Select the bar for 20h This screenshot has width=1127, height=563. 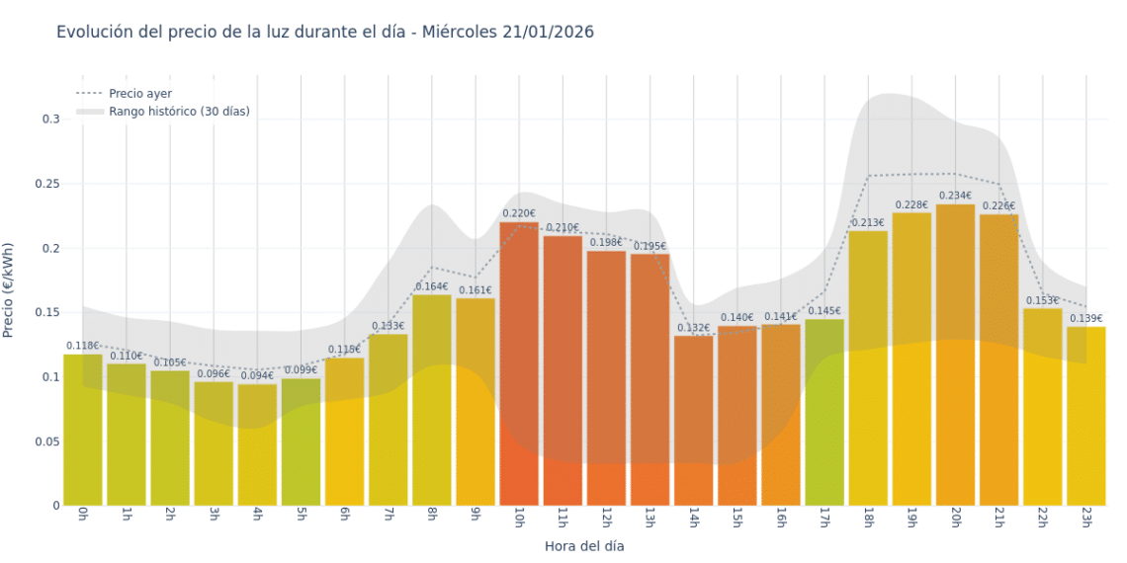click(x=955, y=356)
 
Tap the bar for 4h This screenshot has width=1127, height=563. click(x=257, y=444)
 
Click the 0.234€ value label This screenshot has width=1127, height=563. click(x=955, y=196)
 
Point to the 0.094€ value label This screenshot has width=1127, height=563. click(x=257, y=375)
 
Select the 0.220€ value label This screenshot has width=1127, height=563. click(x=519, y=213)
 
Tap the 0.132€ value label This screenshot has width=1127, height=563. click(x=693, y=328)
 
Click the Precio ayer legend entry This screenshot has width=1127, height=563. click(x=140, y=94)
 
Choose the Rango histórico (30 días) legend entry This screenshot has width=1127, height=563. click(x=179, y=112)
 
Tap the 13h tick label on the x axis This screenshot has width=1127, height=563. click(x=650, y=520)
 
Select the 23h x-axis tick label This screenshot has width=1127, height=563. click(x=1085, y=520)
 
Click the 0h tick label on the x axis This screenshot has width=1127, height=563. click(x=83, y=518)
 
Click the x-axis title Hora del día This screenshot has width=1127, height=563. click(x=584, y=545)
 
